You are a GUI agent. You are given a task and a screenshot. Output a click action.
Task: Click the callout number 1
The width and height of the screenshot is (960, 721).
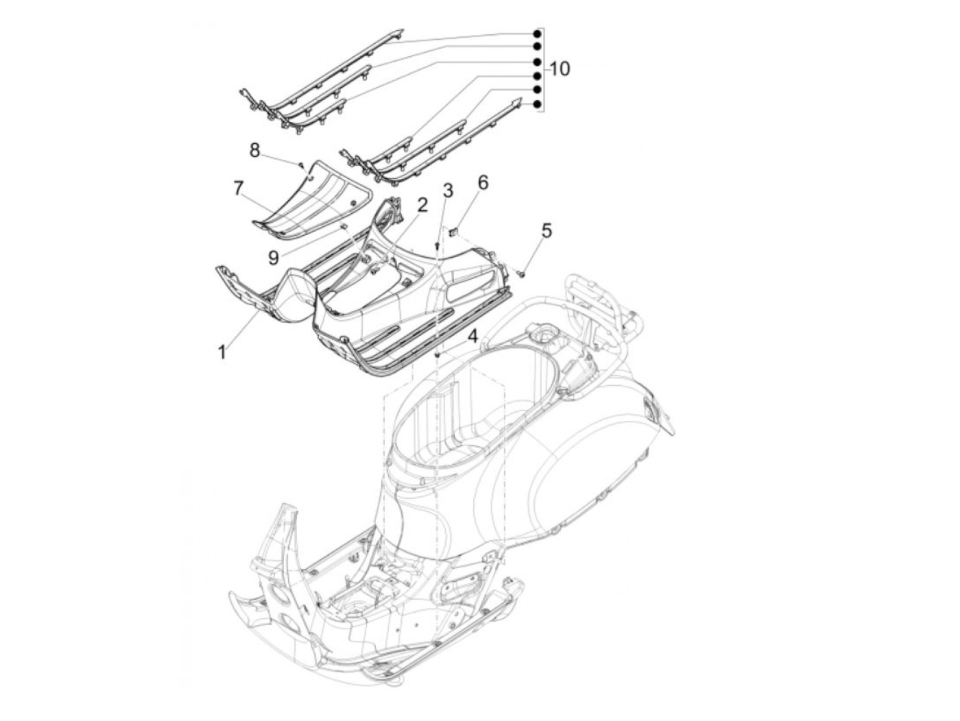(221, 352)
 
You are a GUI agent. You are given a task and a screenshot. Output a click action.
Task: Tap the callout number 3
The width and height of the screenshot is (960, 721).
(447, 191)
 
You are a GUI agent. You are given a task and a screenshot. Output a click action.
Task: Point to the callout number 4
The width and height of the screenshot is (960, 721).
(472, 336)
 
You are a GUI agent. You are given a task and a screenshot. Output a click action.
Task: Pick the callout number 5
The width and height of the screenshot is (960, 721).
(546, 230)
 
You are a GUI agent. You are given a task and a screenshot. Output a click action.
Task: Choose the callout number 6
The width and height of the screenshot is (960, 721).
(483, 182)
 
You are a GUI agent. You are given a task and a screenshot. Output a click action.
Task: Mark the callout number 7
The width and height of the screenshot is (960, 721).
(239, 188)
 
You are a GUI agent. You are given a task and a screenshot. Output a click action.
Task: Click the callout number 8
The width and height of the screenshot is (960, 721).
(255, 150)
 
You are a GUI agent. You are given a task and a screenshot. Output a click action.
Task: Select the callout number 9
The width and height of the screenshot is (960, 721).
(273, 257)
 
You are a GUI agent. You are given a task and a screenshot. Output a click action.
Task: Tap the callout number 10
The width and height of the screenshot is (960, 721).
(559, 69)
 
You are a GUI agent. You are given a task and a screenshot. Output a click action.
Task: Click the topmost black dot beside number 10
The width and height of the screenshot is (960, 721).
(538, 34)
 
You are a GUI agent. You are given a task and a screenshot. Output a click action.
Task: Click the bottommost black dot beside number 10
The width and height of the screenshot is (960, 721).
(538, 104)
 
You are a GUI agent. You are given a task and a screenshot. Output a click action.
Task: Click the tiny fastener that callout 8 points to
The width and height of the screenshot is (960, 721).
(301, 164)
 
